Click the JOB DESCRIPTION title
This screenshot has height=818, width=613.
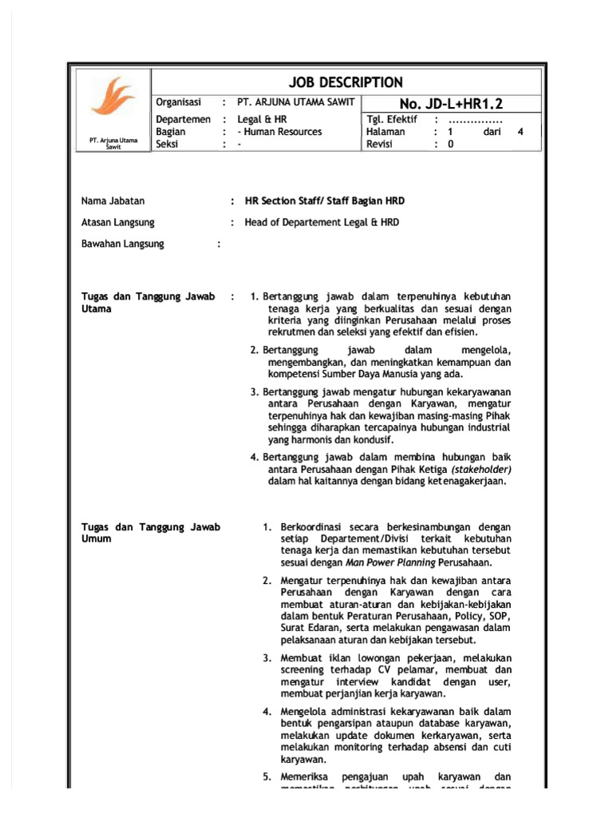pyautogui.click(x=346, y=82)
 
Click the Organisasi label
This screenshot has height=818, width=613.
pyautogui.click(x=180, y=103)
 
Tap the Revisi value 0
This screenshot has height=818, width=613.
pyautogui.click(x=450, y=145)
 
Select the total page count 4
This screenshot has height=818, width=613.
pyautogui.click(x=520, y=132)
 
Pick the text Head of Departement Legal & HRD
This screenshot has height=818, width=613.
pyautogui.click(x=322, y=223)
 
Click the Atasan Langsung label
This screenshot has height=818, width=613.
pyautogui.click(x=118, y=223)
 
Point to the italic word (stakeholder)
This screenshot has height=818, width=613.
pyautogui.click(x=481, y=469)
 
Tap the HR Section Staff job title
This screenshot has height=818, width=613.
pyautogui.click(x=324, y=201)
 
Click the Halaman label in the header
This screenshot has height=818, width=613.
pyautogui.click(x=386, y=132)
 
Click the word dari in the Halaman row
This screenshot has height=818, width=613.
pyautogui.click(x=492, y=132)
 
